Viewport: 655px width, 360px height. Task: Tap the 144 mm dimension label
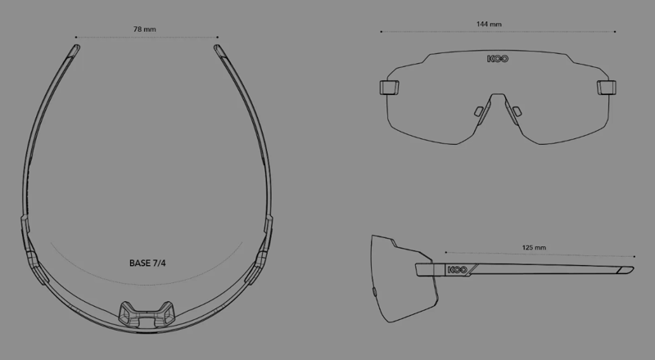pos(489,25)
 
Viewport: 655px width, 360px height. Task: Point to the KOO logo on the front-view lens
pos(495,59)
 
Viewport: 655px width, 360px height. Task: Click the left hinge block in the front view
pos(387,86)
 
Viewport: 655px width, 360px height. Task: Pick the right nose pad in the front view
pos(516,110)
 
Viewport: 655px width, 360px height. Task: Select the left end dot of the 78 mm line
pos(75,37)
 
